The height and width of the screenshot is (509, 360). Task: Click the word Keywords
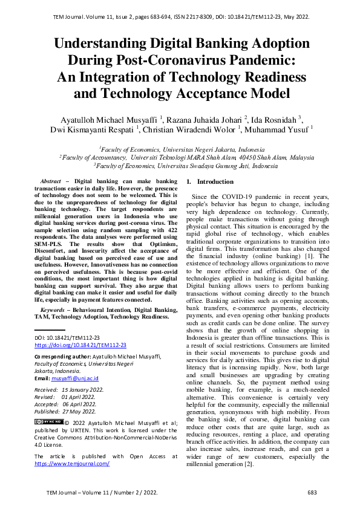(x=53, y=310)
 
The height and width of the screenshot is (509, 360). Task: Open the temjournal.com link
(x=71, y=464)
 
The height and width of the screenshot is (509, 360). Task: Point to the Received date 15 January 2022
(x=82, y=390)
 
